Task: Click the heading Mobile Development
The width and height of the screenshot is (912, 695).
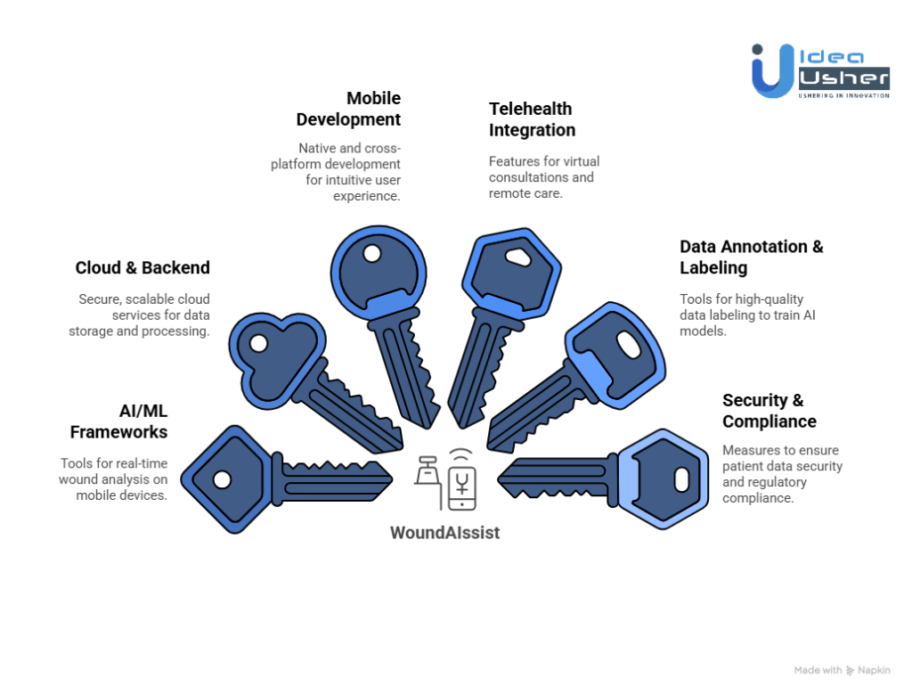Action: pyautogui.click(x=348, y=109)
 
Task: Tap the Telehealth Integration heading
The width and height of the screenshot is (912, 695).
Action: pyautogui.click(x=532, y=119)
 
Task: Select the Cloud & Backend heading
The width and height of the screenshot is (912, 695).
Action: pyautogui.click(x=142, y=267)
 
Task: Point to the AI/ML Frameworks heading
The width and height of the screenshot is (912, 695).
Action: pyautogui.click(x=118, y=421)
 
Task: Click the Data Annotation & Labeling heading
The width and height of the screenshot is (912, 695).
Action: pyautogui.click(x=752, y=257)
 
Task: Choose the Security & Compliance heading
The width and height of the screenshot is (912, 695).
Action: pyautogui.click(x=769, y=411)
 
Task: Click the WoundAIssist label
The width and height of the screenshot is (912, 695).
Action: pyautogui.click(x=444, y=533)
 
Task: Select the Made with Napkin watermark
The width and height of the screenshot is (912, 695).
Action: pyautogui.click(x=842, y=670)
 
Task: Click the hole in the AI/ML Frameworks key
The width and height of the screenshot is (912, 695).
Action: pyautogui.click(x=222, y=479)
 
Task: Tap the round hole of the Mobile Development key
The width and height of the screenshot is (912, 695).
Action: pyautogui.click(x=372, y=254)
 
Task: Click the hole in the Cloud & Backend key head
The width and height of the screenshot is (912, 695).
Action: pyautogui.click(x=259, y=343)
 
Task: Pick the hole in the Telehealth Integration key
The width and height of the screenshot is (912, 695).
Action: pyautogui.click(x=517, y=258)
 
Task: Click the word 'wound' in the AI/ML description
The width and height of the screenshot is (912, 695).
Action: pyautogui.click(x=80, y=479)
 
